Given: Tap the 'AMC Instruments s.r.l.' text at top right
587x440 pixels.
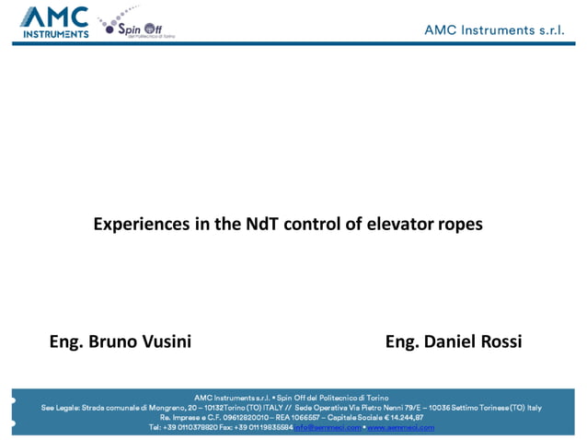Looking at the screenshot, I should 493,29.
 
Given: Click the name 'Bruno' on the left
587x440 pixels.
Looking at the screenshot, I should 114,342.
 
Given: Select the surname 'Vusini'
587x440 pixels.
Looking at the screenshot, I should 167,342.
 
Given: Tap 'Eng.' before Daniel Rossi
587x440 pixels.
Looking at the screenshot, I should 402,342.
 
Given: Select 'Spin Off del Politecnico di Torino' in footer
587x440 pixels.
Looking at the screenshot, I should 333,398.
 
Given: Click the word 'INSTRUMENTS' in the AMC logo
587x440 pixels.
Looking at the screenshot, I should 55,34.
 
